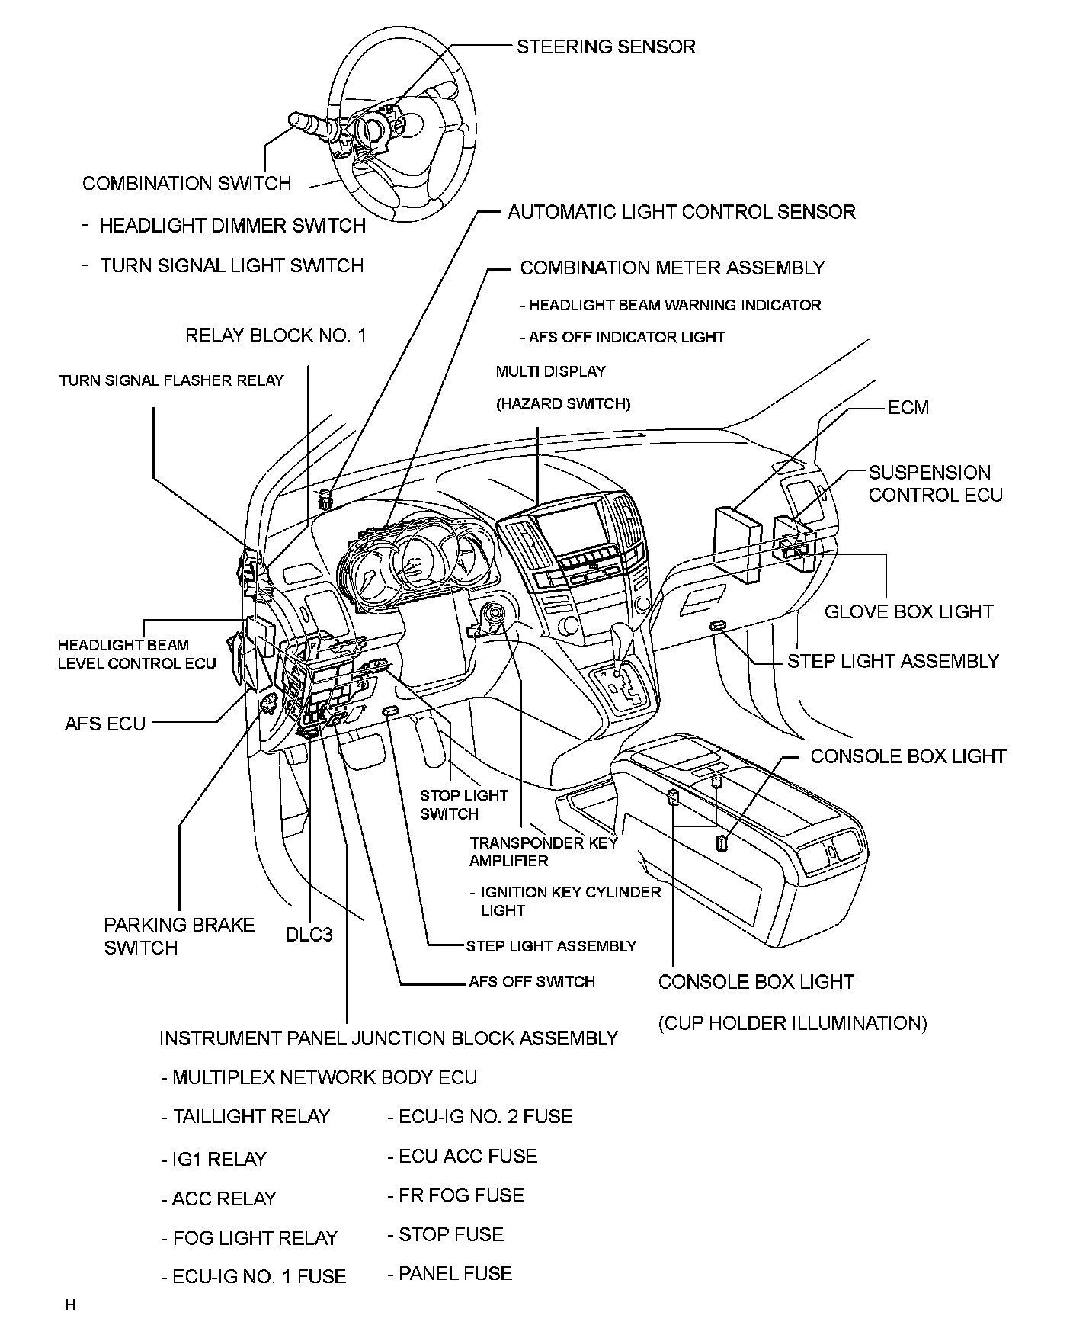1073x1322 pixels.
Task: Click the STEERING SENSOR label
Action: pos(606,47)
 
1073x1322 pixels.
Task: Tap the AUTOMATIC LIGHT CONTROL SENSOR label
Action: pos(681,212)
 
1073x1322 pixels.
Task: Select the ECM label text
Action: pos(908,407)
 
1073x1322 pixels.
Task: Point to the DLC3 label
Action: pos(309,934)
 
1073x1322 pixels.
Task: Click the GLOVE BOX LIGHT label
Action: pos(909,611)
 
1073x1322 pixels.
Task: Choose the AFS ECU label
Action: pos(105,723)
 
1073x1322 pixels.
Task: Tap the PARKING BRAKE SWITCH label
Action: pos(179,936)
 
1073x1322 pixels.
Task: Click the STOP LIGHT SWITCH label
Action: pos(463,804)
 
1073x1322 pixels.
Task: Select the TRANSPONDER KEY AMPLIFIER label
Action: pos(543,852)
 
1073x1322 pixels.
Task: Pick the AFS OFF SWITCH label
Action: pos(531,982)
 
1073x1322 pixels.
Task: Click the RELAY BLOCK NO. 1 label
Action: pos(276,335)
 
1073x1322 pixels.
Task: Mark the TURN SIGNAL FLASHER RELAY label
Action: pos(171,380)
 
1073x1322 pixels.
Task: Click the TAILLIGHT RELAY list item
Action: pos(245,1117)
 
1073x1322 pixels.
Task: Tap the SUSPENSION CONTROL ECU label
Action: pos(935,483)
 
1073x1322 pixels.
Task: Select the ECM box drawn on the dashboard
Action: pos(737,543)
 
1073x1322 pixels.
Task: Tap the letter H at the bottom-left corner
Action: pos(70,1304)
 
